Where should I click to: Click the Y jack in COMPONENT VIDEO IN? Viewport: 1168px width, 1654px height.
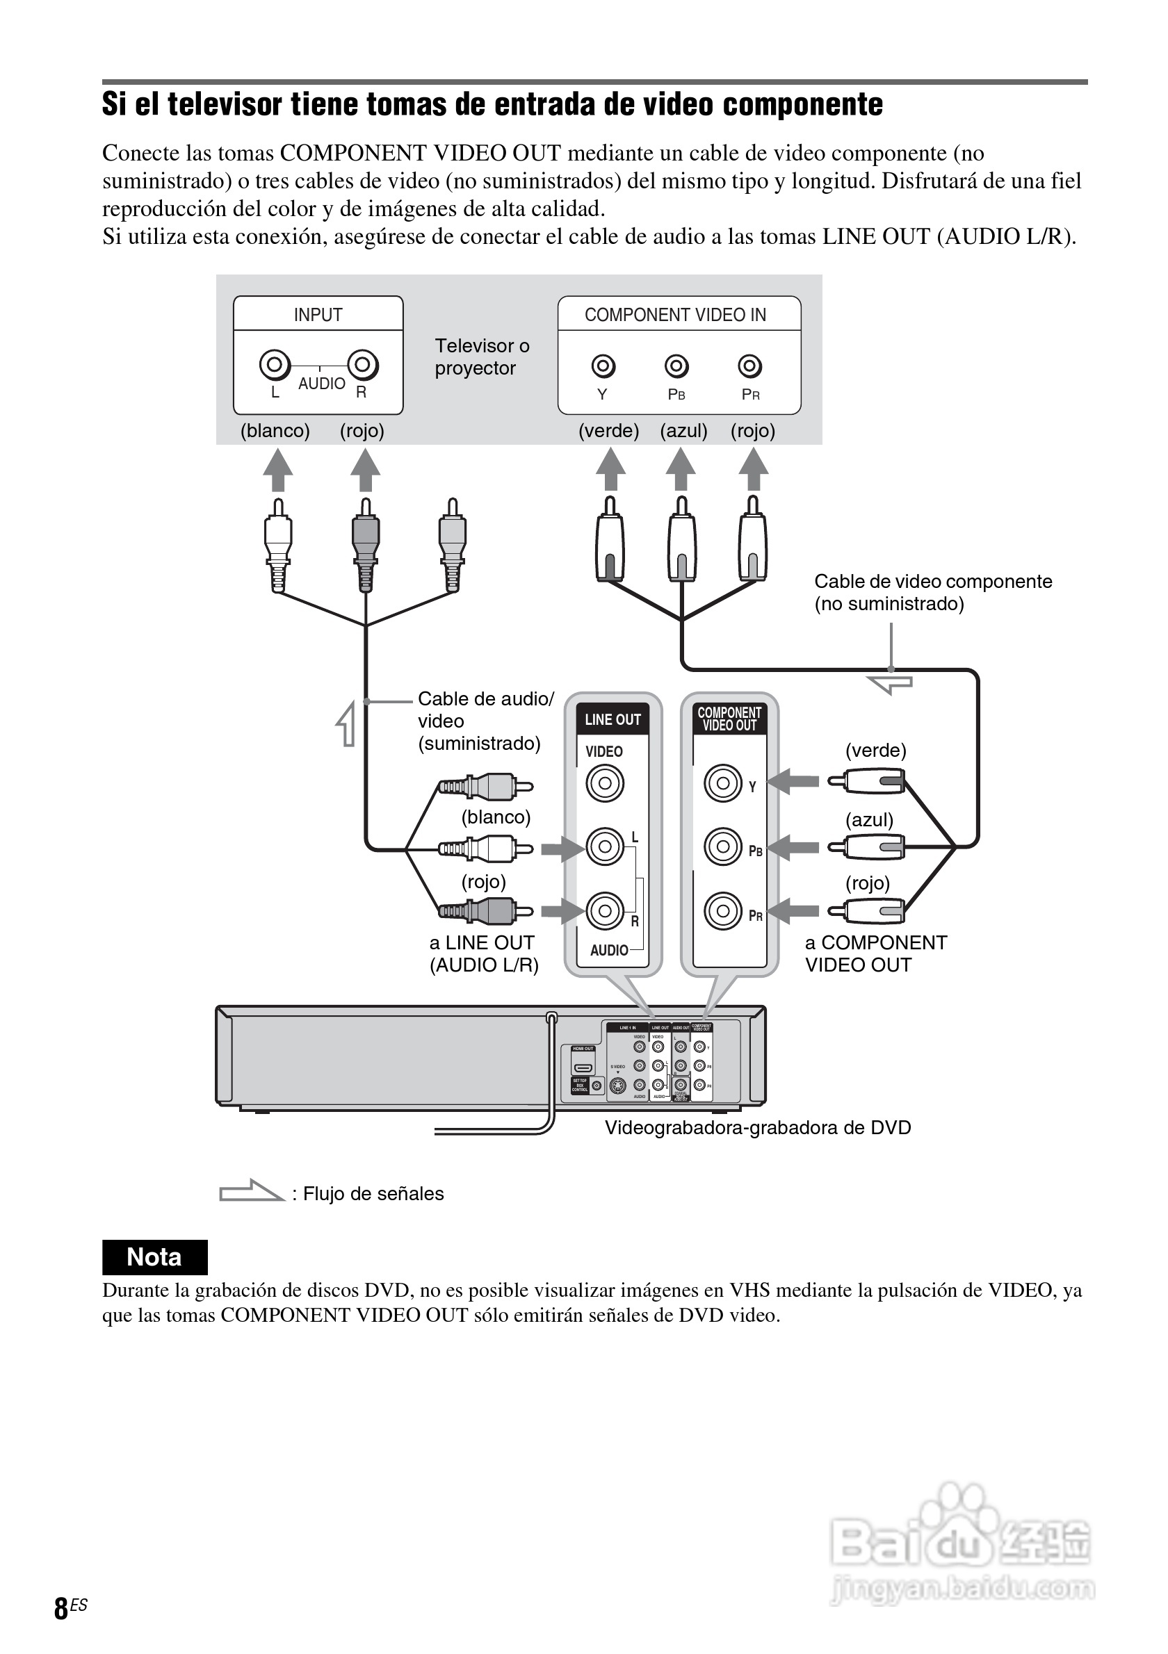click(x=603, y=367)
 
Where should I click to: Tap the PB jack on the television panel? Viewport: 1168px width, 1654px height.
click(x=676, y=367)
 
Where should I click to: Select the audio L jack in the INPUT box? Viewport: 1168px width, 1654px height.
click(x=275, y=365)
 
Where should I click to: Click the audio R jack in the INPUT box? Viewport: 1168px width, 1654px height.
click(x=362, y=365)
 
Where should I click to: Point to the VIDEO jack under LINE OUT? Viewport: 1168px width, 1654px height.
click(x=605, y=783)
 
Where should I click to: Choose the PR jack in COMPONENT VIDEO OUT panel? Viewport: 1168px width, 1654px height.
click(x=723, y=911)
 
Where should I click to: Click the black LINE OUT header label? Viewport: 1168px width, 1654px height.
click(x=613, y=720)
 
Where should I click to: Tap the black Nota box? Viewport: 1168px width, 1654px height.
click(x=154, y=1257)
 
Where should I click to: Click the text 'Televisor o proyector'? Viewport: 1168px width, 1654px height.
click(x=481, y=357)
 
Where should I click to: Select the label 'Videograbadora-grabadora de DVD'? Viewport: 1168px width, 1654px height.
click(x=757, y=1127)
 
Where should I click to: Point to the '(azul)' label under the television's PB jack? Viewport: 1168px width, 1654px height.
click(x=683, y=431)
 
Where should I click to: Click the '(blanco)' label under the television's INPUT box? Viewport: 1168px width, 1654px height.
click(x=275, y=431)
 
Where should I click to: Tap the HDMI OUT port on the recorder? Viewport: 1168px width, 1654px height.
click(x=583, y=1067)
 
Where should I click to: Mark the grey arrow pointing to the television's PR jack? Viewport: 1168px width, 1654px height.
click(x=753, y=469)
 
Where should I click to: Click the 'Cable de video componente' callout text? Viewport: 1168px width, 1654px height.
click(x=932, y=582)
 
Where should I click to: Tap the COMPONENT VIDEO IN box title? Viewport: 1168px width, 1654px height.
click(x=675, y=315)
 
